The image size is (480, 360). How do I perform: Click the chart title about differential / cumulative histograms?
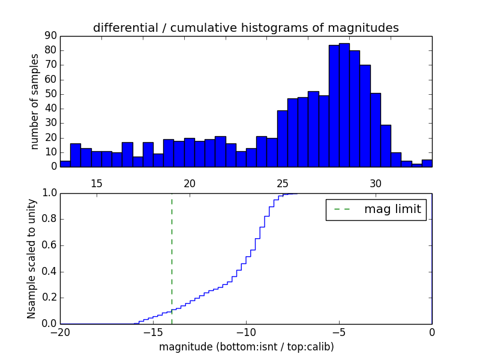coord(245,28)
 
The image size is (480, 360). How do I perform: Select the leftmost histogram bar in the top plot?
coord(65,164)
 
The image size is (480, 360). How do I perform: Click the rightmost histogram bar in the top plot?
coord(427,163)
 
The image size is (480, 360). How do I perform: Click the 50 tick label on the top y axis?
coord(50,94)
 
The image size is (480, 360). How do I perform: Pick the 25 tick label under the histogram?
coord(283,184)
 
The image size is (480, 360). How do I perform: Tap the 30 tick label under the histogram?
coord(376,184)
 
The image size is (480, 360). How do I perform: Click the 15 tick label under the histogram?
coord(97,184)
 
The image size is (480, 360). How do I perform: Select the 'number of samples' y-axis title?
coord(35,101)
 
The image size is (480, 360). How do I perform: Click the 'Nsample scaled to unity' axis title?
coord(31,259)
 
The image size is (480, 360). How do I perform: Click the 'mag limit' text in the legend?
coord(392,209)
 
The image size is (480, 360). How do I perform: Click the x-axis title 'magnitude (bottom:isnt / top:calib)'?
coord(246,347)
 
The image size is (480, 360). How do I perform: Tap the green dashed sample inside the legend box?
coord(342,209)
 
